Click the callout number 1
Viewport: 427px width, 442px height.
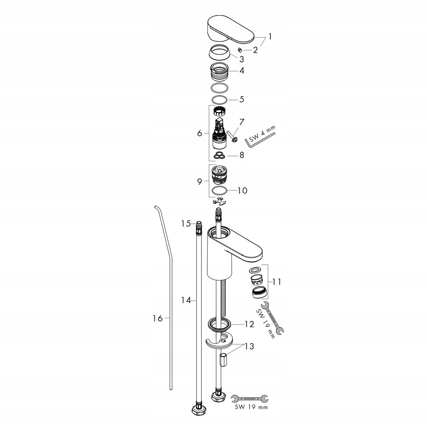pyautogui.click(x=269, y=36)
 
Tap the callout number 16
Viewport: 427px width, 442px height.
pyautogui.click(x=158, y=318)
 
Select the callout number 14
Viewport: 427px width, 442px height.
pyautogui.click(x=186, y=300)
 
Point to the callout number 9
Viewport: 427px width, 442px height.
pyautogui.click(x=200, y=181)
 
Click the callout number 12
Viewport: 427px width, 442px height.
pyautogui.click(x=249, y=324)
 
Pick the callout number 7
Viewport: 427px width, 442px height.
pyautogui.click(x=242, y=122)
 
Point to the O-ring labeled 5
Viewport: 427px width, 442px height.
pyautogui.click(x=220, y=99)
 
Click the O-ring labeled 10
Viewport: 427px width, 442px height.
pyautogui.click(x=220, y=191)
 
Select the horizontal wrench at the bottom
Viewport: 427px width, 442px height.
pyautogui.click(x=250, y=399)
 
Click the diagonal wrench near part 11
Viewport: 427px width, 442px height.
pyautogui.click(x=272, y=318)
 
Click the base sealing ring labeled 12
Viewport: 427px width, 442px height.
pyautogui.click(x=220, y=324)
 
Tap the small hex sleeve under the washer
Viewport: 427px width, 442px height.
pyautogui.click(x=224, y=358)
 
